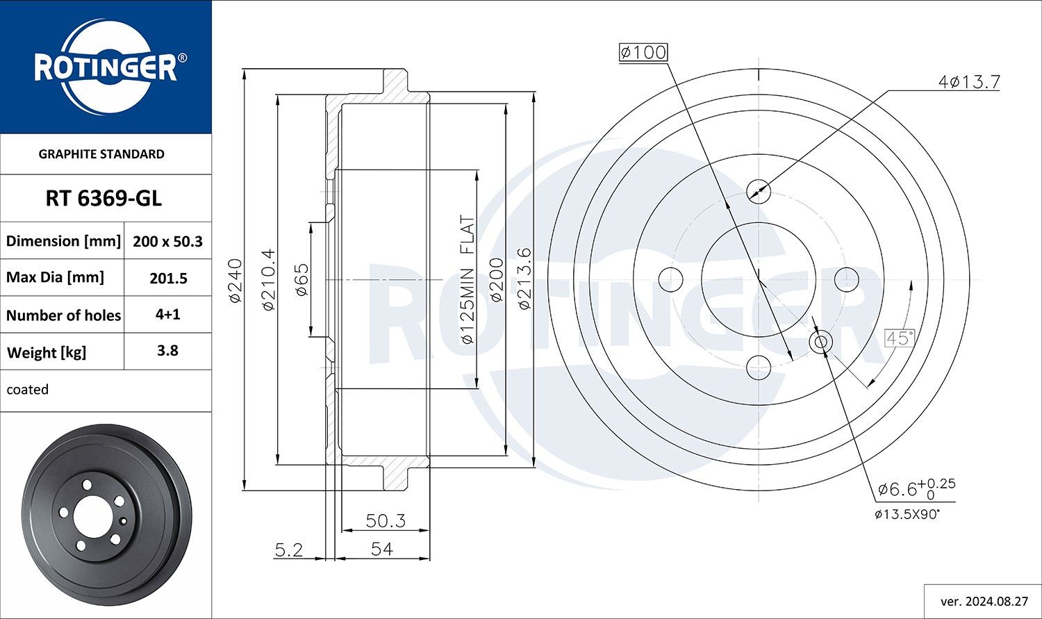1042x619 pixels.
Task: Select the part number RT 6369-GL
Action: pos(104,199)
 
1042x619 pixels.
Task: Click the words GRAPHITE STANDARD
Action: pos(101,154)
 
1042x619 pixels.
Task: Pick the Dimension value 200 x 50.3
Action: pos(167,241)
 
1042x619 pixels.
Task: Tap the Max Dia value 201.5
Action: pos(168,278)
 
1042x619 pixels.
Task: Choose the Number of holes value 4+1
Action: pos(167,314)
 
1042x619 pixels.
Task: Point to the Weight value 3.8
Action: pos(167,351)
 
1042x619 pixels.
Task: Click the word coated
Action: pos(28,390)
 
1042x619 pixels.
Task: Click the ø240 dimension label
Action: pos(235,280)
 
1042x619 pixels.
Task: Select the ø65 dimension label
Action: pos(301,280)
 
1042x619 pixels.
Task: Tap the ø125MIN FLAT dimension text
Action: pos(467,280)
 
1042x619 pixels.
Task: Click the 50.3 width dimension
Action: pos(386,520)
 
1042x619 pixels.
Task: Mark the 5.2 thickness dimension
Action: pos(289,550)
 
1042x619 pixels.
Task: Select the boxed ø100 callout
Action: pos(643,52)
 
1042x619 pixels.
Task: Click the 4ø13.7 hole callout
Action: pos(968,82)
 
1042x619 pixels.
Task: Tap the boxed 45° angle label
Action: pos(899,338)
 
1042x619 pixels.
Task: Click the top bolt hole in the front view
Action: pos(758,190)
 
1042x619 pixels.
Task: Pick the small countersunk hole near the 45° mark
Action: pos(820,342)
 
